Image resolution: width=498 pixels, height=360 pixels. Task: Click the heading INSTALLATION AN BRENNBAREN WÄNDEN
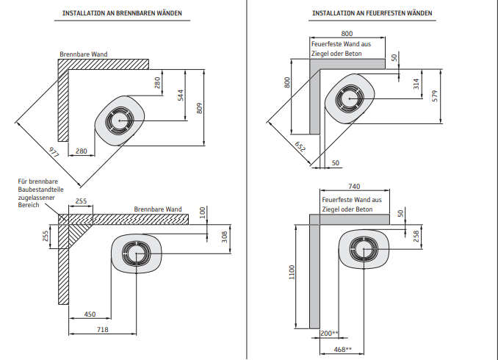(x=122, y=13)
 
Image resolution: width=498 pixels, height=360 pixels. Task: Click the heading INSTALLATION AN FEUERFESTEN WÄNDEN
(x=372, y=13)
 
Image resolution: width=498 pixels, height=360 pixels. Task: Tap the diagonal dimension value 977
(x=54, y=154)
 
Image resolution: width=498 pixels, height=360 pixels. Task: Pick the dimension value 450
(x=89, y=314)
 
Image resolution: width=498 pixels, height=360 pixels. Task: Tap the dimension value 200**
(x=329, y=334)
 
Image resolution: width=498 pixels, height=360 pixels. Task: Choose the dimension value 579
(x=435, y=96)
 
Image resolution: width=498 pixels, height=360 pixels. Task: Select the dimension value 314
(x=415, y=84)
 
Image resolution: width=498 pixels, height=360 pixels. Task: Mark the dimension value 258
(x=416, y=236)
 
